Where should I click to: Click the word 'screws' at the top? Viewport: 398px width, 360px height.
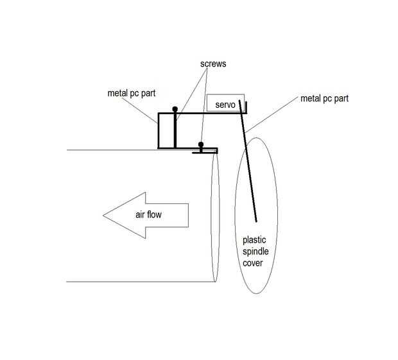click(212, 64)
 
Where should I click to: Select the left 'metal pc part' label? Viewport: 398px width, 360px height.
click(132, 93)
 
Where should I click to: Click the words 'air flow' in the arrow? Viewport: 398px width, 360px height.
click(148, 214)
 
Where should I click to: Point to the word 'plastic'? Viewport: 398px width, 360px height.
click(254, 240)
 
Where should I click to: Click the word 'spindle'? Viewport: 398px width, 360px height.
click(255, 252)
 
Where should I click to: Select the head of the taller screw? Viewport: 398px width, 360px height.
click(175, 109)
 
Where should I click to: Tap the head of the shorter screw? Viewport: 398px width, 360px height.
click(202, 144)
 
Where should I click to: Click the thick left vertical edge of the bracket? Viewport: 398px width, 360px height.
click(159, 131)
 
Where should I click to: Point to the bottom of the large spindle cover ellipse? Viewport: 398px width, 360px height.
click(257, 293)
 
